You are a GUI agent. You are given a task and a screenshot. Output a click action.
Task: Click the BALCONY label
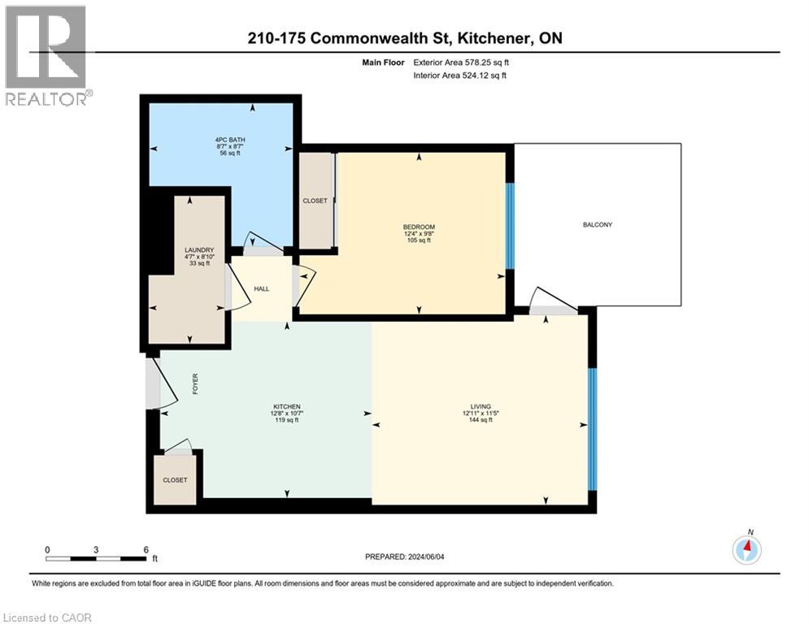596,225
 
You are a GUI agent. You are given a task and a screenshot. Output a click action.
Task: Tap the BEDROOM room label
419,227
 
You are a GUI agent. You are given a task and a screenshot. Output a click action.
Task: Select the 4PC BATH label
213,140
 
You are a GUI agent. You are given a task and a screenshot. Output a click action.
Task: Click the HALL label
261,288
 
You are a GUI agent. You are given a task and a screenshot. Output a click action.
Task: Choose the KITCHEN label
287,406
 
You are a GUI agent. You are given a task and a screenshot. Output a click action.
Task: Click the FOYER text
195,384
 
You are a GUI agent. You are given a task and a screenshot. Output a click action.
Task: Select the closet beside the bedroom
316,200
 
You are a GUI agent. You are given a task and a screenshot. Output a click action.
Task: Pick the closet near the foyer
174,479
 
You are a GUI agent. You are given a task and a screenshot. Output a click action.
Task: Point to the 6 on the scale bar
146,549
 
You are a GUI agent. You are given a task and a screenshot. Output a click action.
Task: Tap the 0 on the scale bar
47,549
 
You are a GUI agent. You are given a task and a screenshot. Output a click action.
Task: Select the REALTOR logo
47,55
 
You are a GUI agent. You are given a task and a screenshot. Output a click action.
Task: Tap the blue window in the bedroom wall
510,225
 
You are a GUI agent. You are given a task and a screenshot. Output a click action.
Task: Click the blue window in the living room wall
592,429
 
